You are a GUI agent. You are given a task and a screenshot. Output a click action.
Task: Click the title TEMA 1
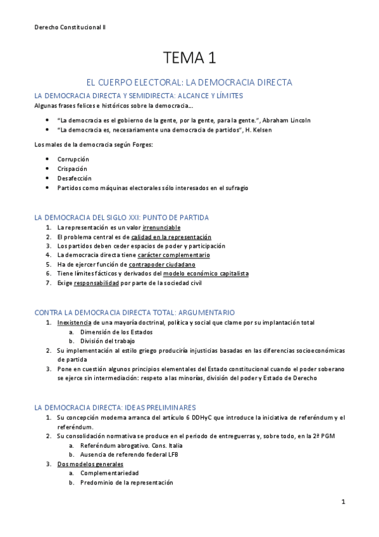(x=190, y=59)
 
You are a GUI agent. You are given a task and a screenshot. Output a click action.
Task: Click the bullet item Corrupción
(x=73, y=159)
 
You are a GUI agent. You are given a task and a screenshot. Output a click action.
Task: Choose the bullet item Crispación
(x=72, y=169)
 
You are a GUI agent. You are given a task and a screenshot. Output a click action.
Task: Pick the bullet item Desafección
(x=74, y=179)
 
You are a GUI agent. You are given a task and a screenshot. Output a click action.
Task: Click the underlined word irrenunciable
(x=161, y=227)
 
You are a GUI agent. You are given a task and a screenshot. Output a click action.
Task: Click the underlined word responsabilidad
(x=96, y=283)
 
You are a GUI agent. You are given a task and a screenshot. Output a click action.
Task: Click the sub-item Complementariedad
(x=109, y=473)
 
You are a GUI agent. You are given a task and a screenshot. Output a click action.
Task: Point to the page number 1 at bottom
(x=342, y=502)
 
